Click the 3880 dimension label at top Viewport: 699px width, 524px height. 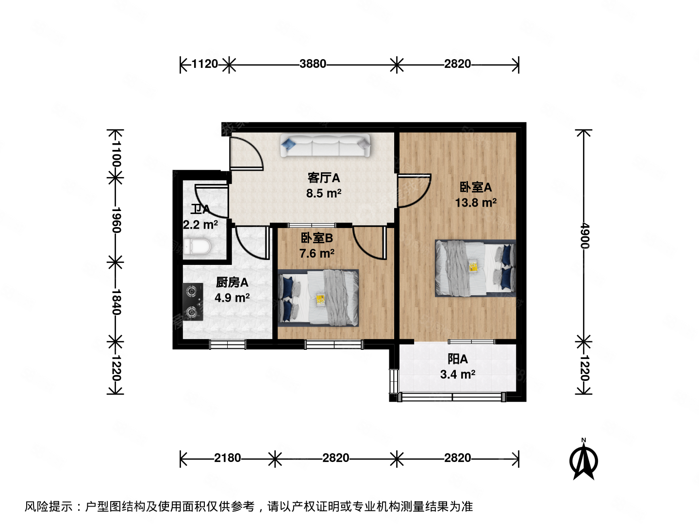point(313,64)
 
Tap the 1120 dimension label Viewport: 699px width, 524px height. point(204,64)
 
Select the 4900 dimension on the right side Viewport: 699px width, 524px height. point(584,236)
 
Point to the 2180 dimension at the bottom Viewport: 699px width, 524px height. point(227,458)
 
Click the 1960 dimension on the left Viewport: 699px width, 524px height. point(116,220)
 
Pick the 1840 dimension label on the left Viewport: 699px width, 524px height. point(116,302)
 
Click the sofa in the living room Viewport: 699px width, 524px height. point(325,146)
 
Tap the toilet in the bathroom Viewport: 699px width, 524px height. point(198,247)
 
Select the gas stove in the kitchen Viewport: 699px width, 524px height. point(192,301)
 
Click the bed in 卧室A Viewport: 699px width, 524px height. point(475,268)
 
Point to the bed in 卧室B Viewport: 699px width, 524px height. point(318,298)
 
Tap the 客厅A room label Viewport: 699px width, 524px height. point(323,178)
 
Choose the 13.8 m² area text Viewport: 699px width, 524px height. point(475,202)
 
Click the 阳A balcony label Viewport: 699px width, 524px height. point(457,359)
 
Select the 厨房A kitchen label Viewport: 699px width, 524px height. point(232,282)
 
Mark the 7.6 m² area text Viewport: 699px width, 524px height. point(316,253)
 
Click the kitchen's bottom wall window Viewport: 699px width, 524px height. point(227,344)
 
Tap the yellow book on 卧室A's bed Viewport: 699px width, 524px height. point(473,266)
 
